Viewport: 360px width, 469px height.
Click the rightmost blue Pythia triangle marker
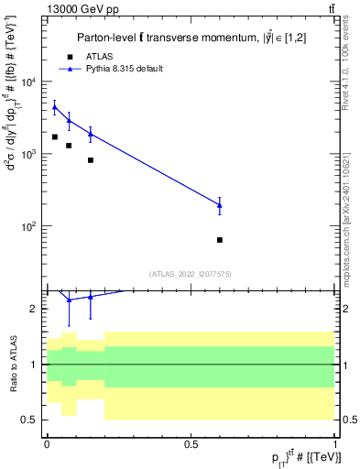220,205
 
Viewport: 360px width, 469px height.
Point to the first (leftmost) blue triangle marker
54,107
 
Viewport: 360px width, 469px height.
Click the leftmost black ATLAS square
54,137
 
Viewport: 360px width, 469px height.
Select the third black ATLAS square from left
91,160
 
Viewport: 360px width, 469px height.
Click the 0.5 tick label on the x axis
191,443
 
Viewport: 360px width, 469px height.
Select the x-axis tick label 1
335,443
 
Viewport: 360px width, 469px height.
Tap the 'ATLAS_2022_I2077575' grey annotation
191,274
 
